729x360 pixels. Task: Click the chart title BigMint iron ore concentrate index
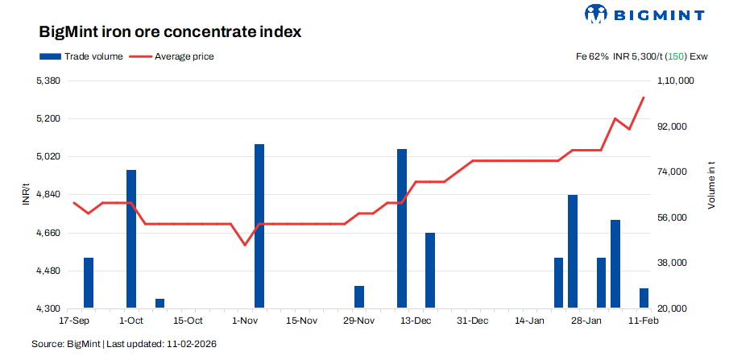pos(170,33)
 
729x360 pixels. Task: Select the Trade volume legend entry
pos(81,56)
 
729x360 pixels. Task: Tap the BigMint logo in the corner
pos(644,14)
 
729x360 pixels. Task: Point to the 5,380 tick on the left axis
pos(49,81)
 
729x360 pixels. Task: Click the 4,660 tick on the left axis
pos(49,233)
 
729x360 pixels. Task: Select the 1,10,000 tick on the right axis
pos(676,81)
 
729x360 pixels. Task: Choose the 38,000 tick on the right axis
pos(676,263)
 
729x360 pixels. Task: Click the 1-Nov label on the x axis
pos(245,321)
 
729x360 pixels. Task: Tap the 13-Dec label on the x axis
pos(416,321)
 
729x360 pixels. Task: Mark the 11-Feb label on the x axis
pos(644,321)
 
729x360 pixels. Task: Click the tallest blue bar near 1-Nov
pos(259,226)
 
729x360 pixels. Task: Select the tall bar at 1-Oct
pos(131,238)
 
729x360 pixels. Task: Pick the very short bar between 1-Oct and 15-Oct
pos(159,303)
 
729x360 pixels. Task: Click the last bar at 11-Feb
pos(644,298)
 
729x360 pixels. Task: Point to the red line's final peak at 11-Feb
pos(644,97)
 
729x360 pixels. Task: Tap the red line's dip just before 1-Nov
pos(245,244)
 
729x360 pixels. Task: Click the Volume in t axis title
pos(711,185)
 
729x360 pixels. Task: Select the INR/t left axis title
pos(26,195)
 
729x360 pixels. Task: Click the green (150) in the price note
pos(674,56)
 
